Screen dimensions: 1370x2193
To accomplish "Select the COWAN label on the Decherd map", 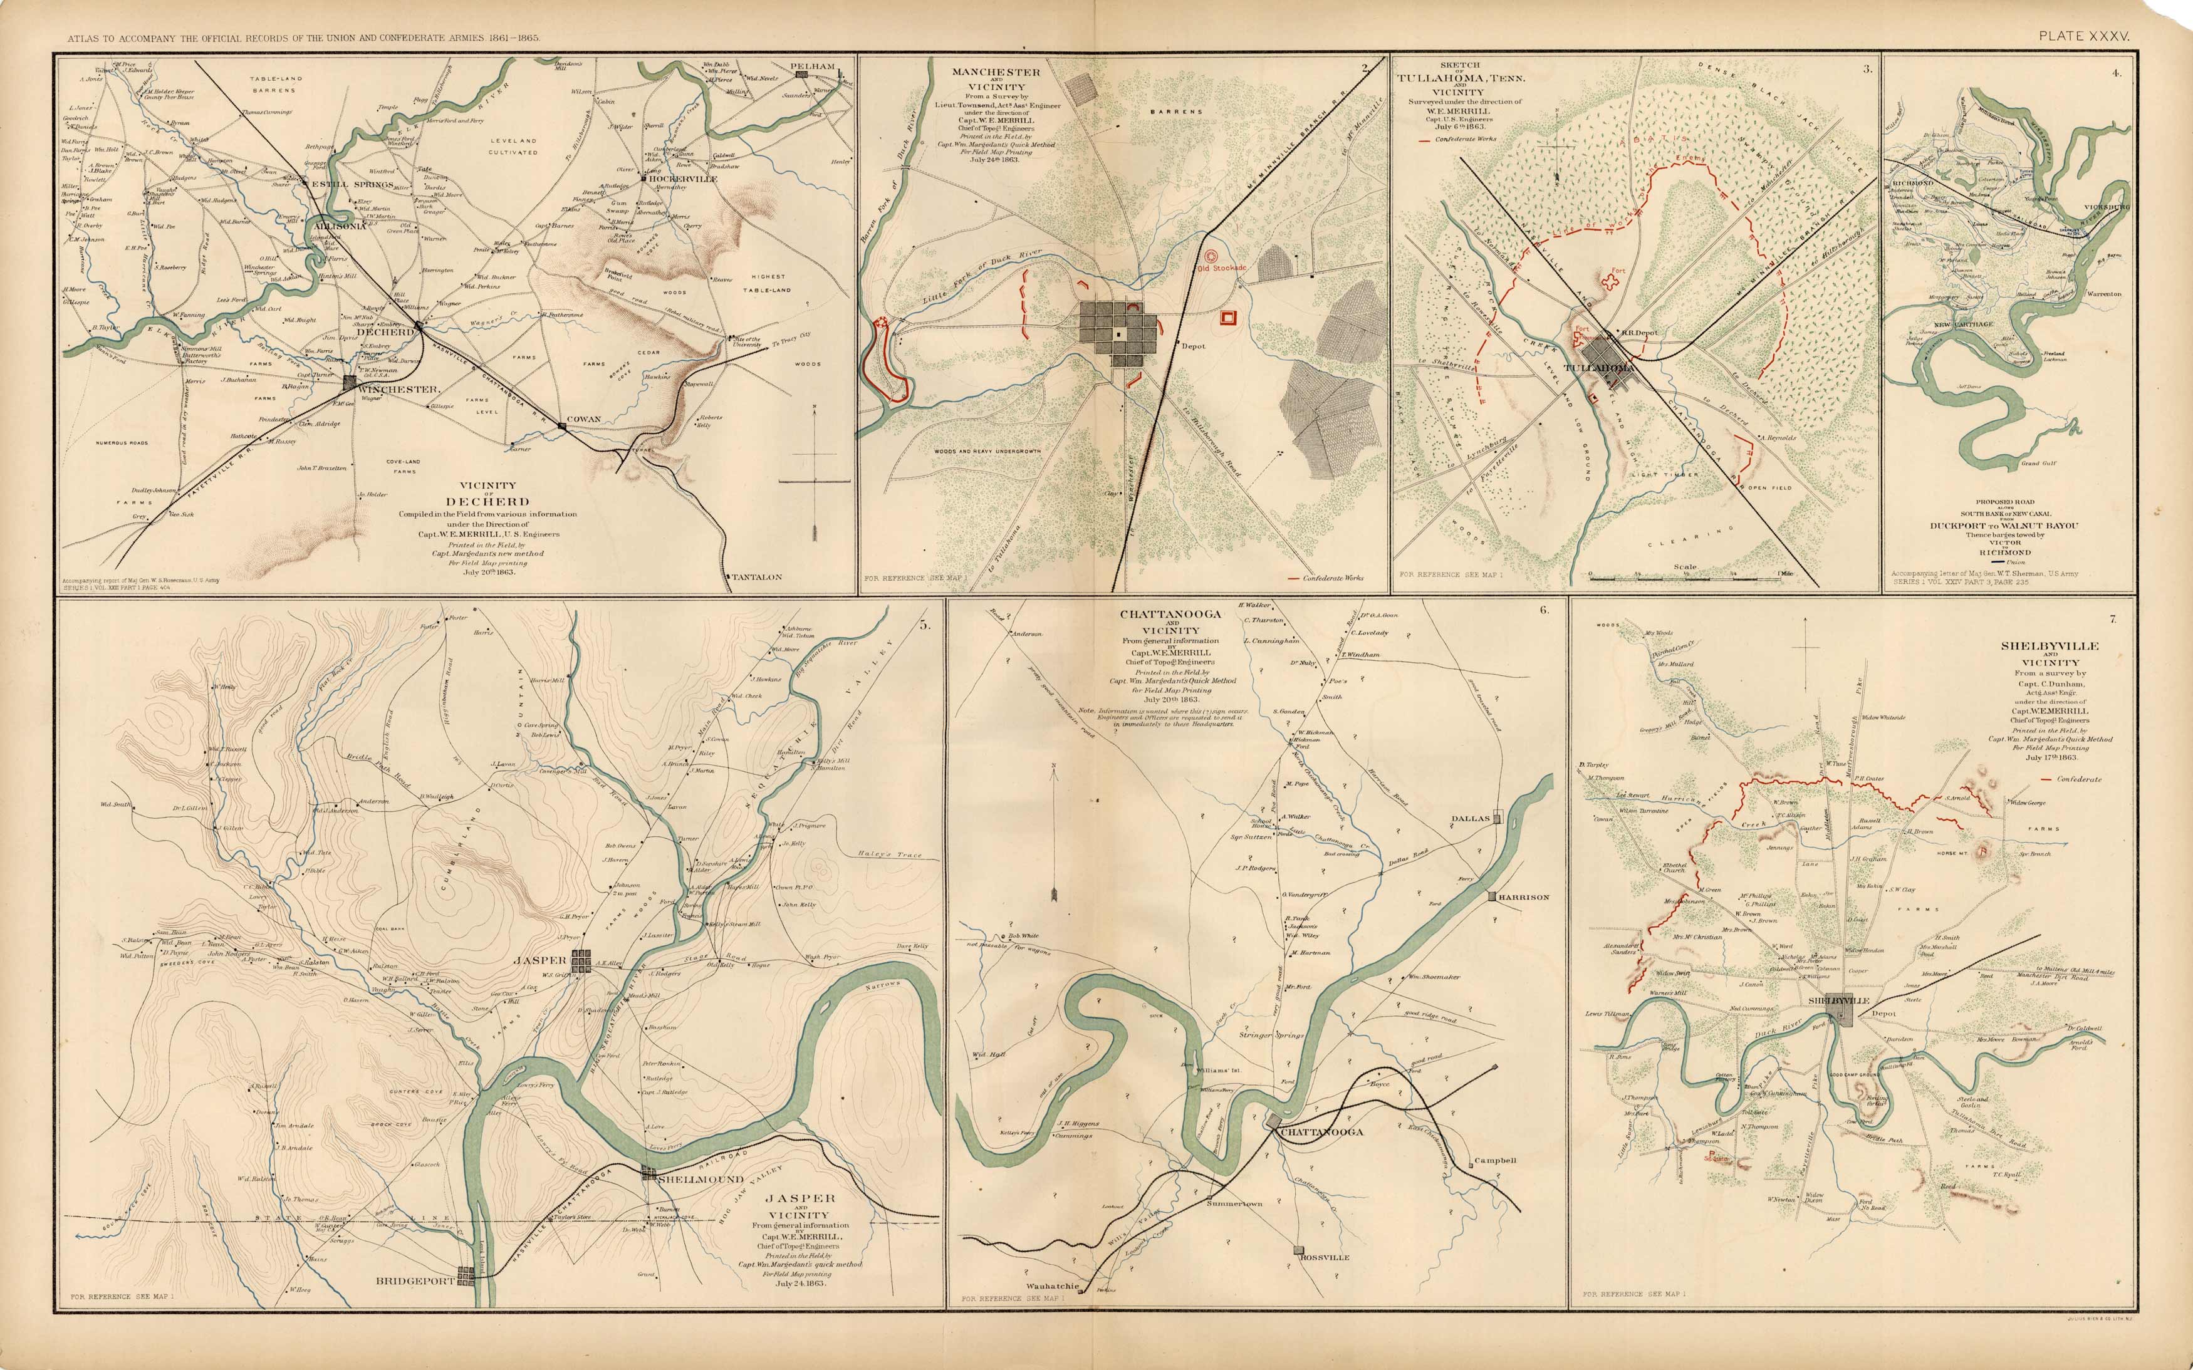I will (583, 420).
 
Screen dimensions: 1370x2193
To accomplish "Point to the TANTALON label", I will (757, 576).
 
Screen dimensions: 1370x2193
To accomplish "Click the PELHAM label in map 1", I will (813, 66).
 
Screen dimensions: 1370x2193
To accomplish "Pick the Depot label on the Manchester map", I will (1194, 346).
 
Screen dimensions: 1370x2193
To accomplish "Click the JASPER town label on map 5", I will (540, 960).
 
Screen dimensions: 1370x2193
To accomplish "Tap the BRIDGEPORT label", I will (414, 1281).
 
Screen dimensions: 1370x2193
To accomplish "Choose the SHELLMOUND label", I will (700, 1179).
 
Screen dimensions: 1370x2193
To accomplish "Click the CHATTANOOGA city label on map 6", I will (1321, 1132).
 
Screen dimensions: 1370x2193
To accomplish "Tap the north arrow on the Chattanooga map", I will (1055, 834).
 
